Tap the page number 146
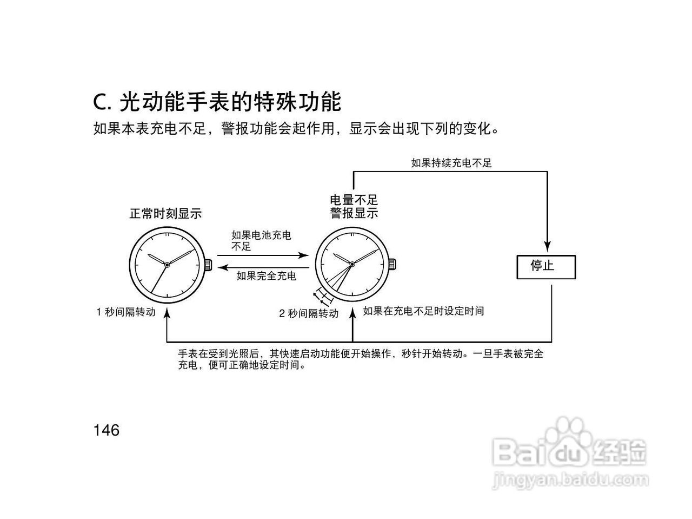tap(107, 430)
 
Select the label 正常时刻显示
tap(165, 214)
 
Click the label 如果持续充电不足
tap(451, 163)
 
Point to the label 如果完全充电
tap(267, 276)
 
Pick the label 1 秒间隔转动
tap(126, 312)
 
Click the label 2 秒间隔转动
tap(309, 313)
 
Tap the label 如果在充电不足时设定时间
tap(423, 311)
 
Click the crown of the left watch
tap(208, 265)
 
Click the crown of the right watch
tap(392, 264)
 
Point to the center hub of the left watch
tap(167, 265)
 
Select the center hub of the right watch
tap(352, 264)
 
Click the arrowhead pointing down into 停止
tap(547, 246)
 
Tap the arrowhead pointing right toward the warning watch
tap(303, 255)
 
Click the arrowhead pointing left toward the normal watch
tap(223, 267)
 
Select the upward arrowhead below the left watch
tap(167, 313)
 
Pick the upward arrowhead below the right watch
tap(353, 313)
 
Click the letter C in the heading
tap(100, 102)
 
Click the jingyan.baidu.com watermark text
tap(570, 481)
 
